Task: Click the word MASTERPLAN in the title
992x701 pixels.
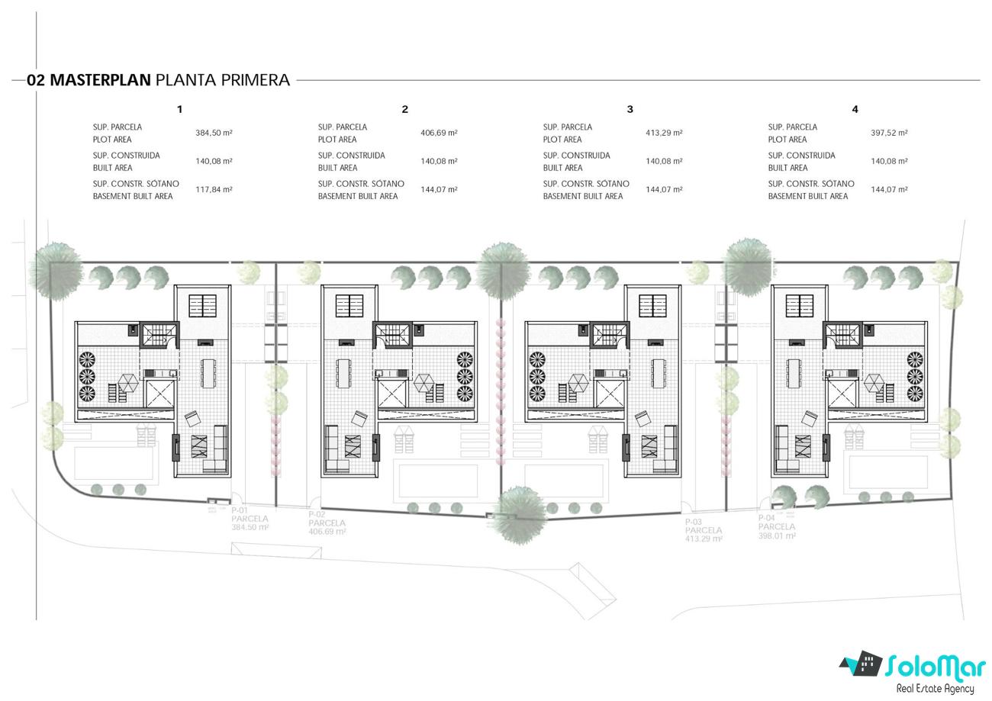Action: [x=100, y=79]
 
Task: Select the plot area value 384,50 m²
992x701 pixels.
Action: [x=214, y=133]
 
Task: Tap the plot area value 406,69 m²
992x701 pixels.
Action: [x=439, y=133]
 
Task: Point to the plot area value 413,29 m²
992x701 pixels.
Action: [x=664, y=133]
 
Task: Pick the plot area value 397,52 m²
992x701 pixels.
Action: [x=889, y=133]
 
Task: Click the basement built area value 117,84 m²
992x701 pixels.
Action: [x=214, y=189]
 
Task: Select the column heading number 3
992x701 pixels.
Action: [x=630, y=109]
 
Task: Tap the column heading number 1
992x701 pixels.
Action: [x=179, y=109]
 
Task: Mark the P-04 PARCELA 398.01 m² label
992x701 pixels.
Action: [x=777, y=526]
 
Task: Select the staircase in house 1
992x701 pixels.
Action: [x=159, y=336]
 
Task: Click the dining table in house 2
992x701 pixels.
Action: [x=343, y=373]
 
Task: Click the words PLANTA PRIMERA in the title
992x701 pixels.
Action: [x=223, y=79]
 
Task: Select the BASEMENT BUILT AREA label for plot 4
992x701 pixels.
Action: [x=808, y=196]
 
